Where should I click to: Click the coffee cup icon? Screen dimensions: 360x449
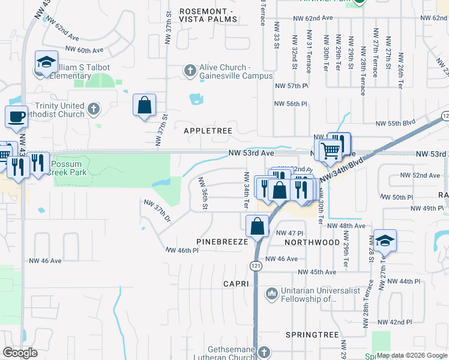16,116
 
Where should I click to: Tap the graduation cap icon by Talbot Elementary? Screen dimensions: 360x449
46,62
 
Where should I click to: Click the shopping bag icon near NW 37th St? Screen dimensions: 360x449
144,105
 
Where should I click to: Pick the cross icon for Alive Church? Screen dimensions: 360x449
190,71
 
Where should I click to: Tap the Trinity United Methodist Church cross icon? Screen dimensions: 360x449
92,109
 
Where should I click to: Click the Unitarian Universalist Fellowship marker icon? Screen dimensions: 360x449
271,293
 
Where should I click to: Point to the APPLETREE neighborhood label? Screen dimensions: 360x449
199,130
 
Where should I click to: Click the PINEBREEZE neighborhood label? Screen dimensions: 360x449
223,242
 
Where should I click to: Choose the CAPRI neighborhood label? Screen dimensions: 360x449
236,283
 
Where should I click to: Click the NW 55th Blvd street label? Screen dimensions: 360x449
396,124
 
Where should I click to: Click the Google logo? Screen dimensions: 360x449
20,352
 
